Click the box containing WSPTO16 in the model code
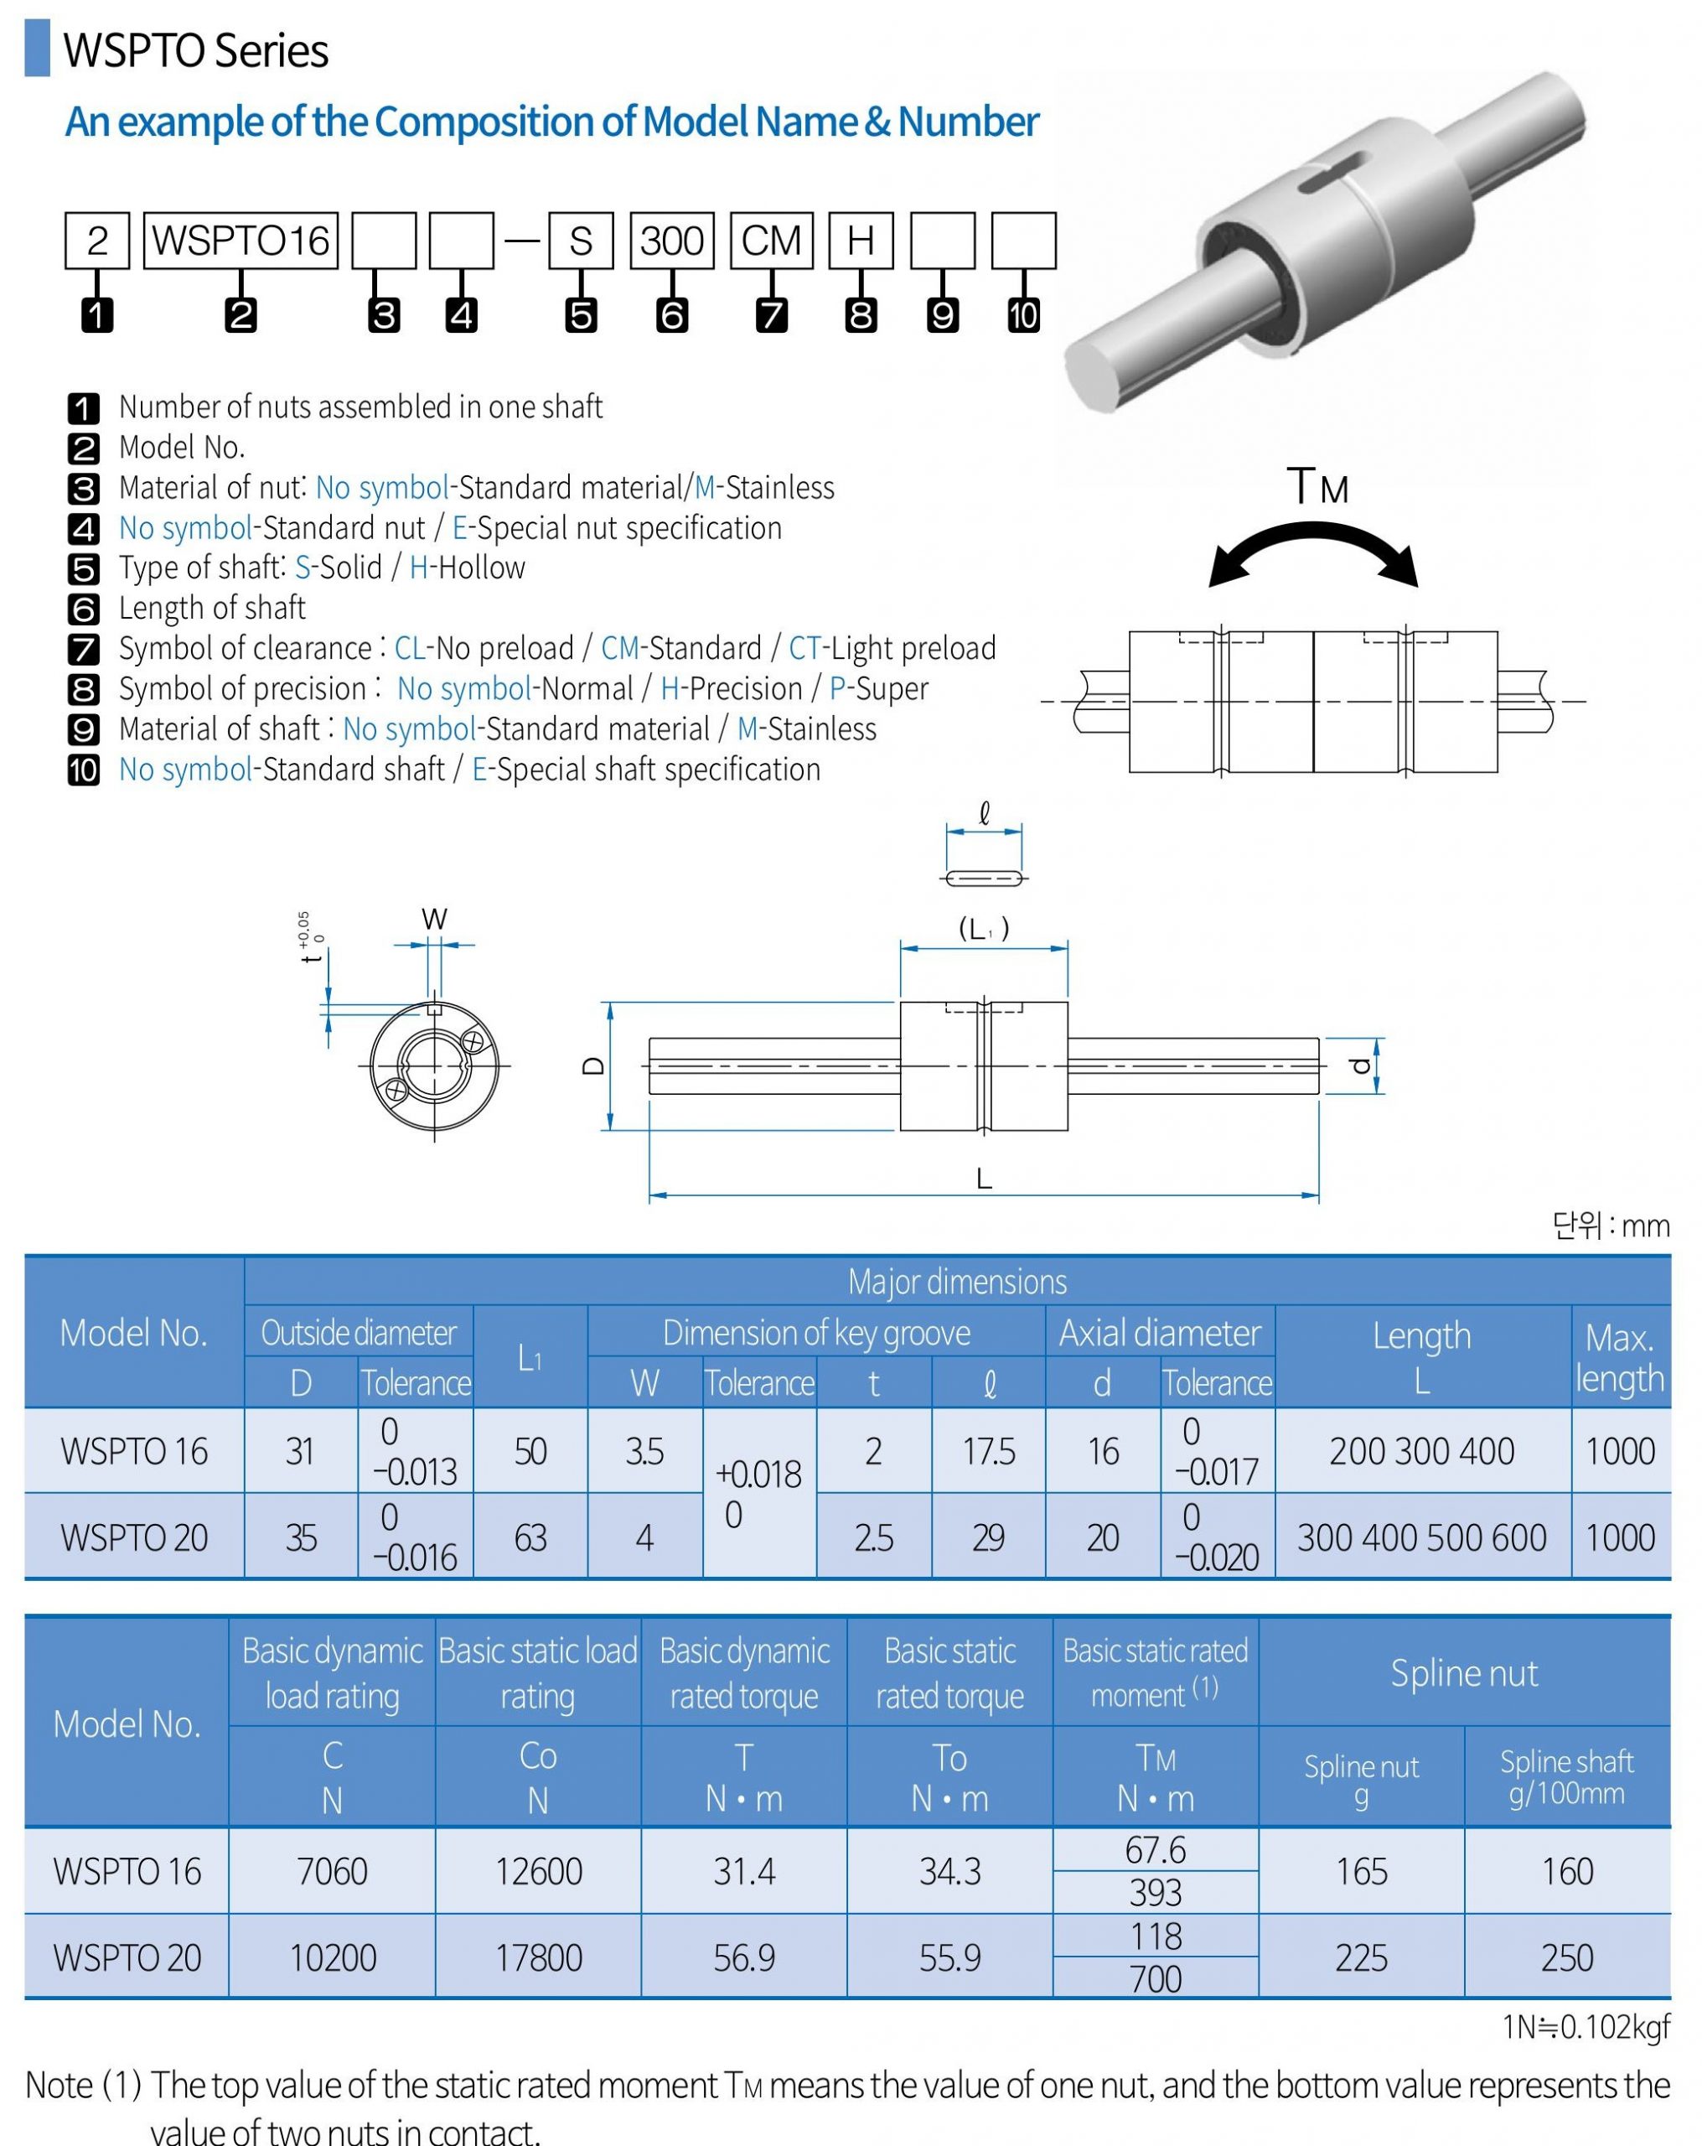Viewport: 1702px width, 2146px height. pyautogui.click(x=240, y=240)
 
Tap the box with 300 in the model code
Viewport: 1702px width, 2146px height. pyautogui.click(x=671, y=240)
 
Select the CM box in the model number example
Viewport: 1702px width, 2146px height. pyautogui.click(x=770, y=240)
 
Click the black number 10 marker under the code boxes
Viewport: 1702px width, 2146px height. pyautogui.click(x=1022, y=314)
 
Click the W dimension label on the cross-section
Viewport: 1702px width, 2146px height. pyautogui.click(x=434, y=918)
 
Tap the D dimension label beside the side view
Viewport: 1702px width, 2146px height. pyautogui.click(x=593, y=1066)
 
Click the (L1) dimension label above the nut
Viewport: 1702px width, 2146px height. pyautogui.click(x=983, y=929)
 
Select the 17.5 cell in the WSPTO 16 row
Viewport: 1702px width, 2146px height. pyautogui.click(x=987, y=1451)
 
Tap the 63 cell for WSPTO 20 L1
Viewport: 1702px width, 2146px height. pyautogui.click(x=530, y=1538)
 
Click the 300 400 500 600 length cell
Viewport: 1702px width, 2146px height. pyautogui.click(x=1421, y=1538)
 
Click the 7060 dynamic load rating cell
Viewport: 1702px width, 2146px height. pyautogui.click(x=332, y=1871)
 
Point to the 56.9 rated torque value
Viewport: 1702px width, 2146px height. pyautogui.click(x=743, y=1958)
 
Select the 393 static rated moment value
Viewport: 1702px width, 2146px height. pyautogui.click(x=1155, y=1892)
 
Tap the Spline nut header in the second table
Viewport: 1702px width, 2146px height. pyautogui.click(x=1463, y=1673)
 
